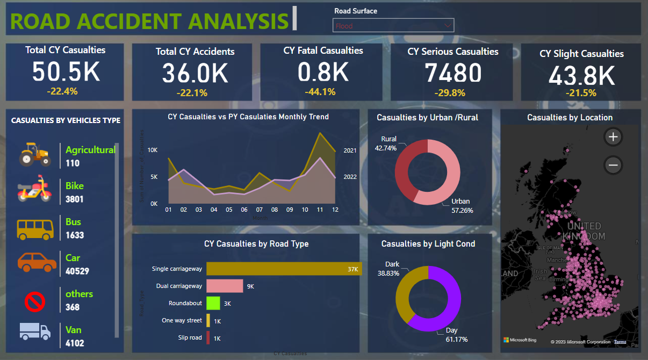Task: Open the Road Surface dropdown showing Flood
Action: tap(393, 25)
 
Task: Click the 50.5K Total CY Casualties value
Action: tap(66, 72)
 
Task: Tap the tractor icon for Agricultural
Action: tap(35, 154)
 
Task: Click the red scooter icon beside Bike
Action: tap(35, 190)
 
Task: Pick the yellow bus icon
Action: tap(35, 228)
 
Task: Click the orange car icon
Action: tap(37, 263)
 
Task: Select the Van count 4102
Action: tap(75, 342)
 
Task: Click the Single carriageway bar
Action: tap(284, 269)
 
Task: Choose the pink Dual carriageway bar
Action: tap(225, 286)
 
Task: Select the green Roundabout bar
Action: tap(213, 303)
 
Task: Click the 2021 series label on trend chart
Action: tap(350, 150)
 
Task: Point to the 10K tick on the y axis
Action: tap(153, 150)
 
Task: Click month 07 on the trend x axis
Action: tap(259, 210)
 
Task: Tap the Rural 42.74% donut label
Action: tap(385, 143)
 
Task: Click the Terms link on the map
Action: tap(620, 342)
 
